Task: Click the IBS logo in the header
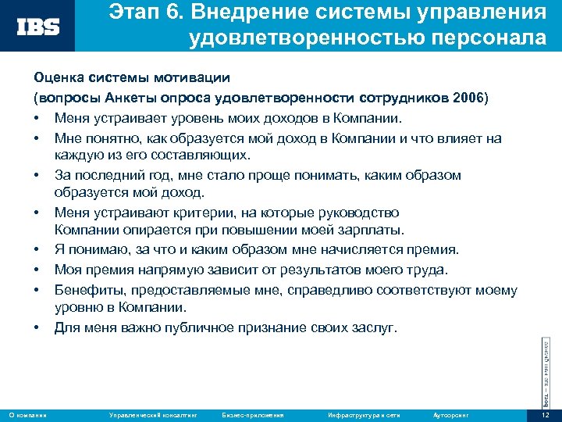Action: click(x=39, y=27)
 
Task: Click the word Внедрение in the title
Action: click(x=249, y=13)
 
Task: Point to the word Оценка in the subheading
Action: click(x=55, y=78)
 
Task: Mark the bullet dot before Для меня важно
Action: click(x=37, y=328)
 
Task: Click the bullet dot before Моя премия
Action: click(x=37, y=270)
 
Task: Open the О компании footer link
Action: click(x=27, y=413)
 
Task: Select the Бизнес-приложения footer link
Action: click(x=253, y=413)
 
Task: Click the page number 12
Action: click(x=546, y=413)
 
